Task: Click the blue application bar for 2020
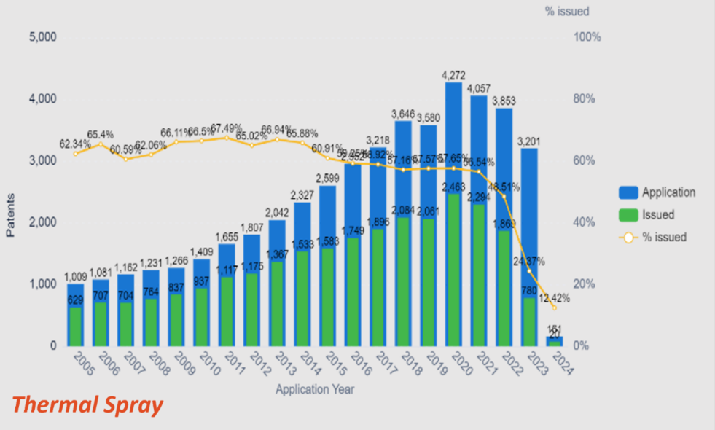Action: (x=453, y=138)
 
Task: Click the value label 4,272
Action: (x=453, y=74)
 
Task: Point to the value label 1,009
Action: (x=76, y=276)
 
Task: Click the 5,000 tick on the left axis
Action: (x=43, y=36)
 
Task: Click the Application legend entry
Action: (x=668, y=193)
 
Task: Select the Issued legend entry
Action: (x=657, y=215)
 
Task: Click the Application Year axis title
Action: (x=314, y=390)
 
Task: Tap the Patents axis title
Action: (x=11, y=219)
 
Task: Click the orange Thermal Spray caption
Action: (x=88, y=404)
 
